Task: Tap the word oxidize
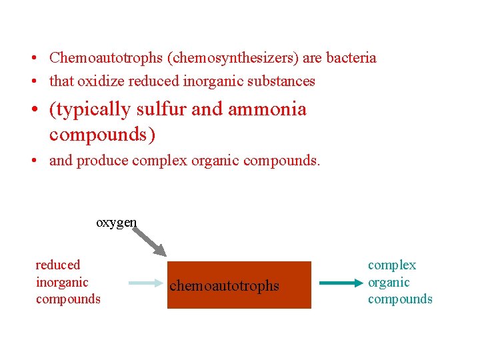[100, 81]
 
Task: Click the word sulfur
[161, 109]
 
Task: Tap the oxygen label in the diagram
[117, 223]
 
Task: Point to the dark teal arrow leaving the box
[339, 283]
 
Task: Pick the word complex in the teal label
[392, 265]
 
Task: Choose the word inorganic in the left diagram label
[62, 282]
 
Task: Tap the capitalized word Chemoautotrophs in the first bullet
[107, 58]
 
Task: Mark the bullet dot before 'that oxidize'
[33, 82]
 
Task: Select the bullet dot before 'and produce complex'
[33, 161]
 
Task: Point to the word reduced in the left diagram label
[57, 265]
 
